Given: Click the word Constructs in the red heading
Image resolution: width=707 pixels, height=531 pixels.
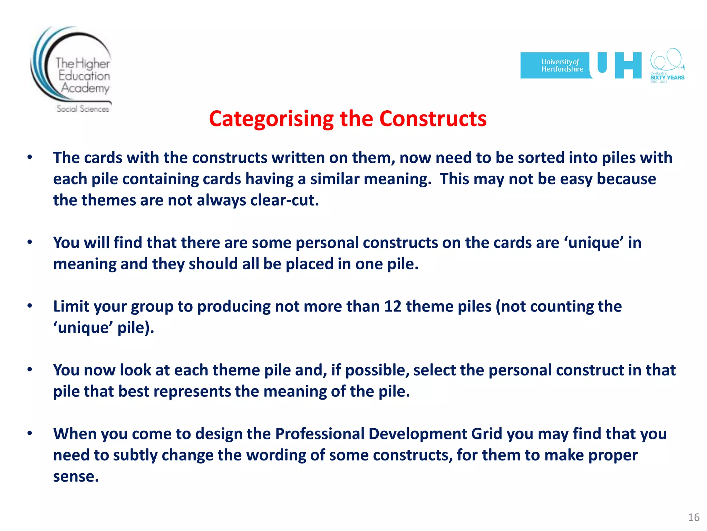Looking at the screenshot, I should coord(433,119).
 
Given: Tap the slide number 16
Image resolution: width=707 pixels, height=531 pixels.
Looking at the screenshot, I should coord(694,517).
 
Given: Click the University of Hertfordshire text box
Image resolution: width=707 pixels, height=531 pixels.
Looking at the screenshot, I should coord(556,65).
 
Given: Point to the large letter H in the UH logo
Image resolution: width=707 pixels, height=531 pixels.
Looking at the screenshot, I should coord(628,65).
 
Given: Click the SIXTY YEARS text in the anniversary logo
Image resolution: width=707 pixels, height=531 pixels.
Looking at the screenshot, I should coord(667,77).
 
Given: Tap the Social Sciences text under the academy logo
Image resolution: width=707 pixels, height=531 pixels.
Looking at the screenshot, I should coord(83,109).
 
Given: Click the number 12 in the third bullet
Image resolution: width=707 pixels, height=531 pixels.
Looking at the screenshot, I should coord(393,307).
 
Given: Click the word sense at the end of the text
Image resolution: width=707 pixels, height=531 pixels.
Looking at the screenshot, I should coord(75,477).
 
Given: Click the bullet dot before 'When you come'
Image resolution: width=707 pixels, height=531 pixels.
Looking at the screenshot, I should coord(30,433).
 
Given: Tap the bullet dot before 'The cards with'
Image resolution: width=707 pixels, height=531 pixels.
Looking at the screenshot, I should coord(30,157).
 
